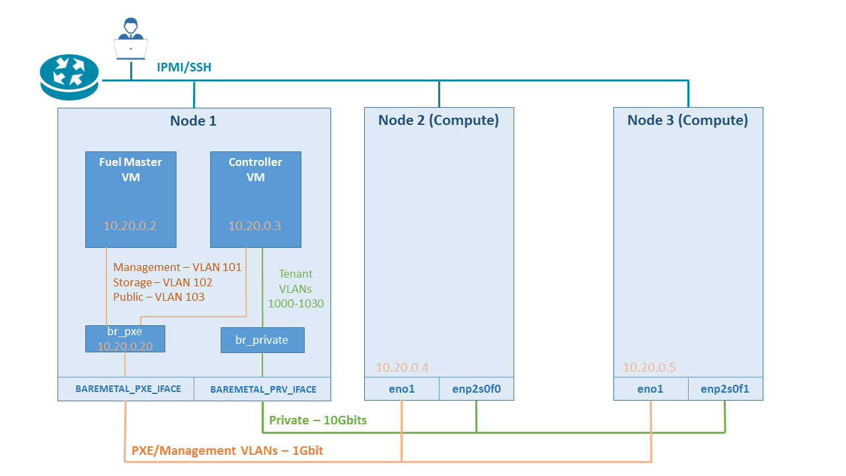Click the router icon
(x=69, y=77)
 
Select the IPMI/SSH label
(x=184, y=67)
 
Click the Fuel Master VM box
(x=130, y=199)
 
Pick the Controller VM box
(x=255, y=199)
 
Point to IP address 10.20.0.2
(x=130, y=226)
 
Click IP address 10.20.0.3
(x=254, y=226)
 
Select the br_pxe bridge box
(x=125, y=338)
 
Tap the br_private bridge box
(x=262, y=340)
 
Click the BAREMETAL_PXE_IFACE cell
(x=128, y=389)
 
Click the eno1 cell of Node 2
(x=402, y=389)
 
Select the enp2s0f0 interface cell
(x=477, y=389)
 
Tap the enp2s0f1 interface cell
(x=725, y=389)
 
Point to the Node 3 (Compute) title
(x=687, y=120)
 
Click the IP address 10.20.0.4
(x=402, y=368)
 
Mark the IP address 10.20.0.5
(x=649, y=368)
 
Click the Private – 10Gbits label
(x=318, y=420)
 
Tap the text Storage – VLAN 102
(x=163, y=282)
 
